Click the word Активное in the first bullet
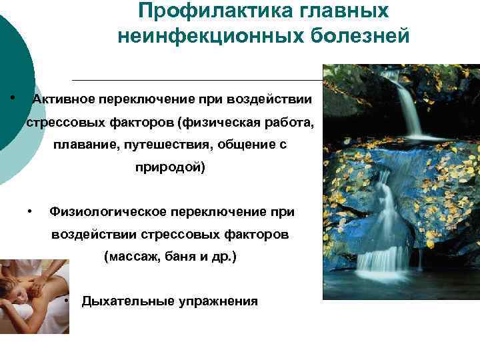(63, 99)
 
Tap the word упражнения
(217, 301)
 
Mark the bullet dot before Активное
(13, 97)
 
